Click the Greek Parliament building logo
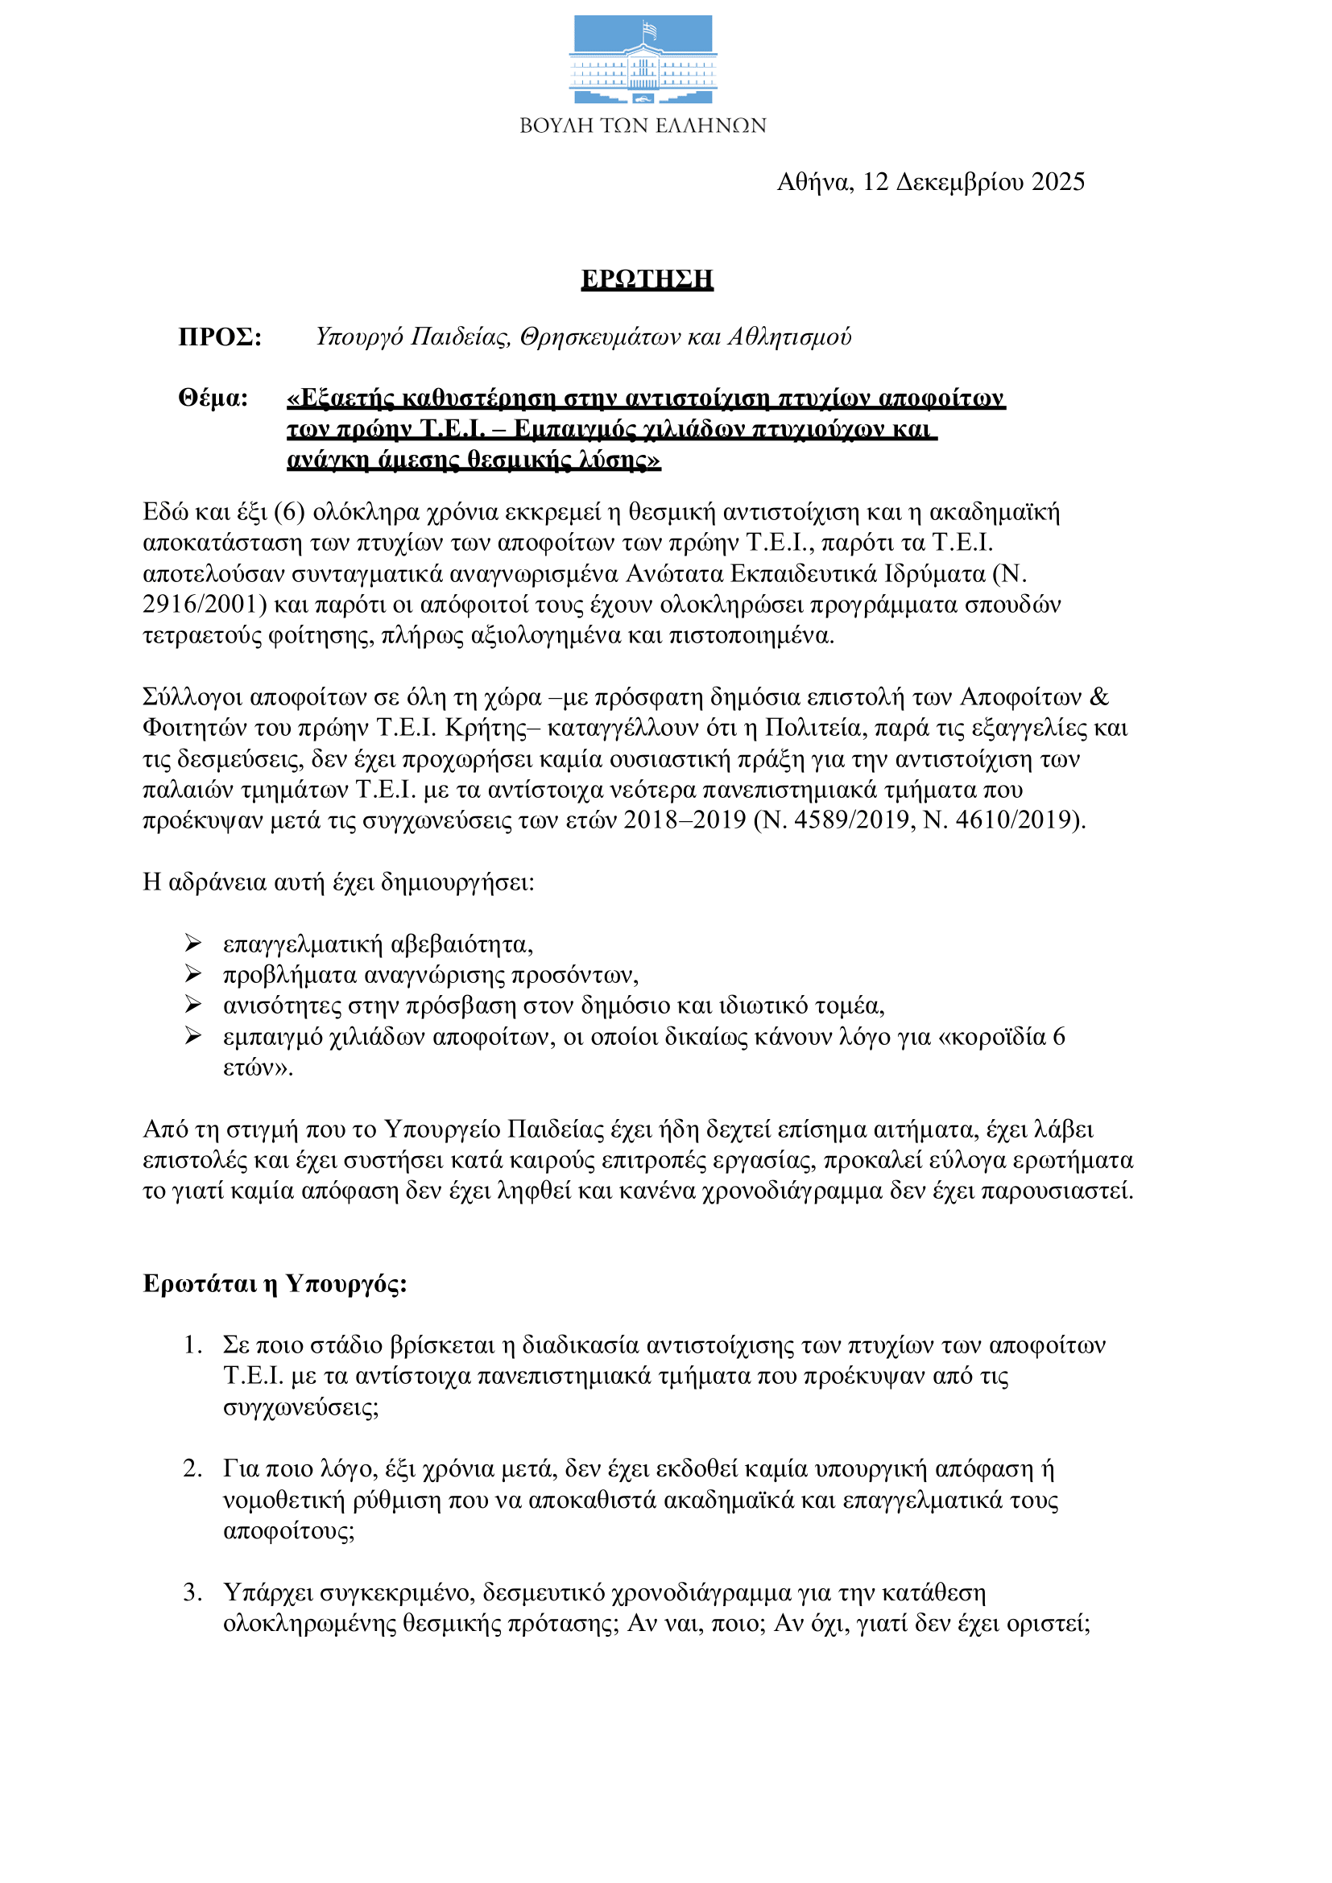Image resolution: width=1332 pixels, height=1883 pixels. click(x=642, y=59)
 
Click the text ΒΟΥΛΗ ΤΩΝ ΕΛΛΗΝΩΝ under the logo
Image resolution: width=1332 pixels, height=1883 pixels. click(x=642, y=126)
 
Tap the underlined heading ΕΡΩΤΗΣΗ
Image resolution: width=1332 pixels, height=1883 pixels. click(x=647, y=279)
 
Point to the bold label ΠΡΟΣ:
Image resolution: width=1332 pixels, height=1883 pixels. click(x=220, y=337)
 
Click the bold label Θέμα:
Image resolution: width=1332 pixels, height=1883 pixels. click(x=213, y=398)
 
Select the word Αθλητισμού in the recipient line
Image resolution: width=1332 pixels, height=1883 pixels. click(x=790, y=337)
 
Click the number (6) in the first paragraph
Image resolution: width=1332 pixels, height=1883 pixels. click(x=290, y=512)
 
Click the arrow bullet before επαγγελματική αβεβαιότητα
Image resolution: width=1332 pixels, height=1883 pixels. click(x=192, y=944)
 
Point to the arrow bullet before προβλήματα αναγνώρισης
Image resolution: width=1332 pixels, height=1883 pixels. click(x=192, y=974)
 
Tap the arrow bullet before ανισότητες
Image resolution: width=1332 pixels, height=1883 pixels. click(x=192, y=1005)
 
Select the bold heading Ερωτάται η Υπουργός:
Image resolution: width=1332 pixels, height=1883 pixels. click(x=275, y=1283)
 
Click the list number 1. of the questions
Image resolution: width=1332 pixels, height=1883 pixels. click(x=192, y=1346)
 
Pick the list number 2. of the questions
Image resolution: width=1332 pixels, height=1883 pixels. click(x=192, y=1469)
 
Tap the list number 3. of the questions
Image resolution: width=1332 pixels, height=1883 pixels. click(x=192, y=1592)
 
